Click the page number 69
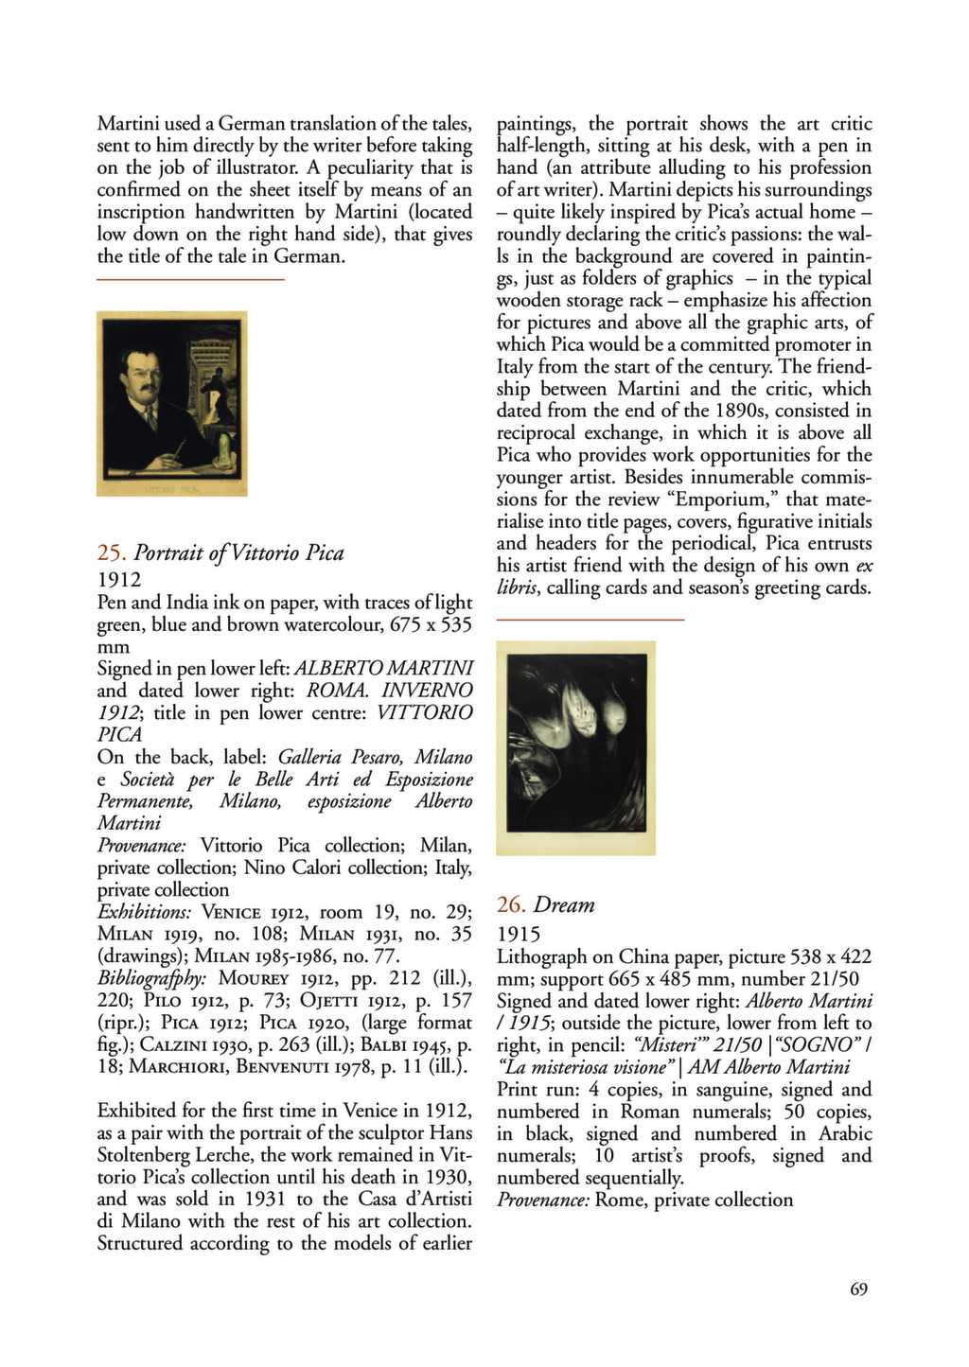(x=858, y=1288)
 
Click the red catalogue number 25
(x=111, y=553)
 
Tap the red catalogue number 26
(x=510, y=905)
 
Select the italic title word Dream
(x=565, y=905)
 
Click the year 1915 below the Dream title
(x=518, y=935)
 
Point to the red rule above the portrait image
(x=190, y=280)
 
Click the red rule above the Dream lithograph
(x=590, y=620)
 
